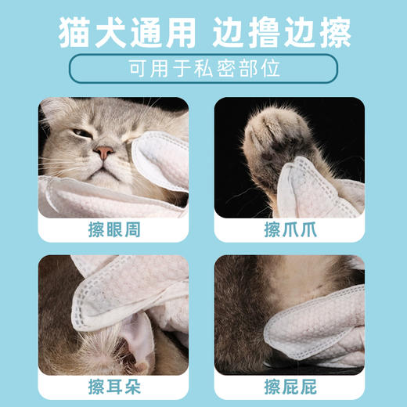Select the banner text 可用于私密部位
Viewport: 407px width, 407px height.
(203, 70)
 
